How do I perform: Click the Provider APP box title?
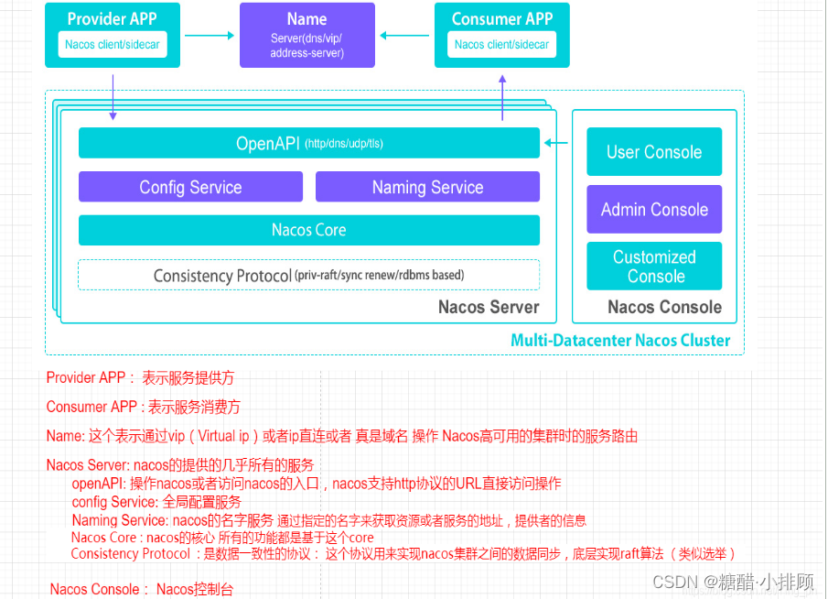click(113, 18)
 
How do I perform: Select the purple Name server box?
click(306, 35)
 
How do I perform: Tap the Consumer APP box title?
click(502, 18)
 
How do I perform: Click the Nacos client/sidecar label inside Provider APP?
click(113, 44)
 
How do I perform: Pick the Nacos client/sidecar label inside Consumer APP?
click(502, 44)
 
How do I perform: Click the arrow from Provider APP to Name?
click(210, 35)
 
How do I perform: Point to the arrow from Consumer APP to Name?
click(404, 35)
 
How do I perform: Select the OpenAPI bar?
click(308, 143)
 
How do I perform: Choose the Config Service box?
click(190, 187)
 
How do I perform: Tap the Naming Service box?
click(427, 187)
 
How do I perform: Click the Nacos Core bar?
click(308, 230)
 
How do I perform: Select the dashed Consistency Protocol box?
click(308, 275)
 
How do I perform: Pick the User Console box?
click(654, 152)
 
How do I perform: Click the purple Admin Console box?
click(654, 210)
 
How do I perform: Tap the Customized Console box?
click(654, 267)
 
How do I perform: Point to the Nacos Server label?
click(489, 307)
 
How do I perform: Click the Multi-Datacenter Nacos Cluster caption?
click(620, 341)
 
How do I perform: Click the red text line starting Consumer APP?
click(144, 407)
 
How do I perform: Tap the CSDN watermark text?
click(733, 582)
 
